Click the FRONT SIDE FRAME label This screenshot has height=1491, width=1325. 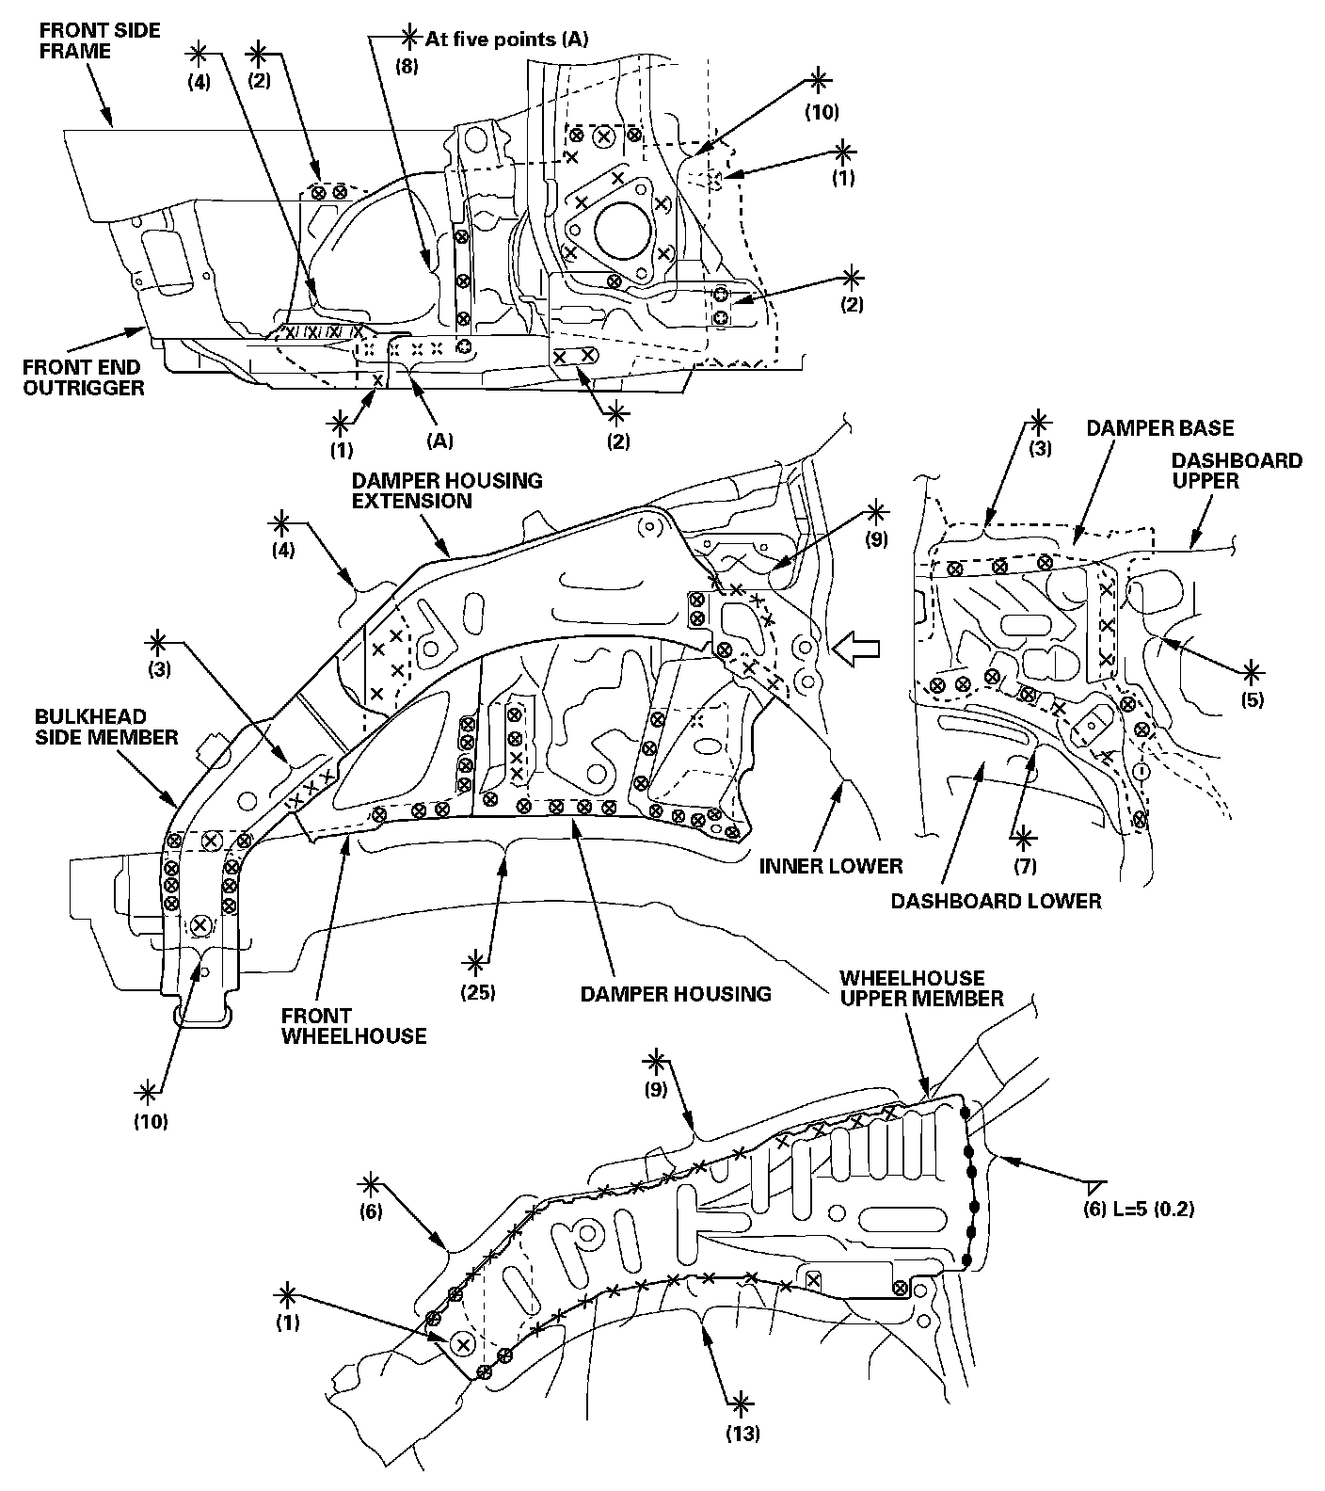pos(100,40)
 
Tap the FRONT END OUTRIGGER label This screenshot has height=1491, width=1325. pos(84,377)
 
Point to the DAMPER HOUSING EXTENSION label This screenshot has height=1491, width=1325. pos(447,490)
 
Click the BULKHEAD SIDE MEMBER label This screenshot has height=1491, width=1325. pos(106,726)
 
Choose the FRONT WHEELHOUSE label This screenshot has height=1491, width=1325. pos(354,1026)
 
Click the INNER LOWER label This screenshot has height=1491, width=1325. pos(831,865)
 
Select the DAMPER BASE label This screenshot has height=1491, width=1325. pos(1159,429)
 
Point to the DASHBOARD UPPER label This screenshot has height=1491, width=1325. pos(1237,470)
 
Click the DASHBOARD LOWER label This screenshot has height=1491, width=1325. pos(996,901)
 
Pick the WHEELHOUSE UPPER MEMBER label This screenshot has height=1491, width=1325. pos(921,988)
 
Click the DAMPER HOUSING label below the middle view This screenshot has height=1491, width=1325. pos(676,993)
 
